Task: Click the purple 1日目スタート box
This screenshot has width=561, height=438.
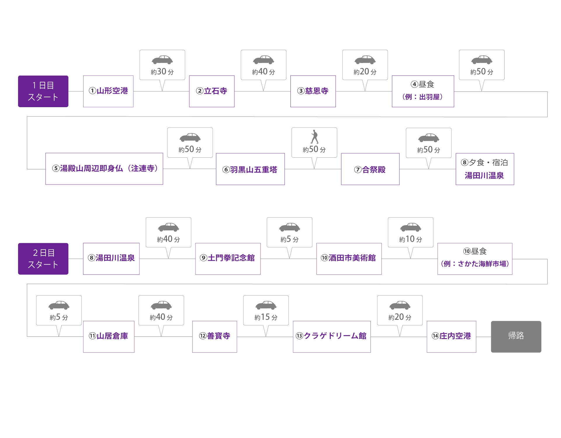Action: (x=43, y=91)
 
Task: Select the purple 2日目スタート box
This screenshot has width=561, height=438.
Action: (x=43, y=259)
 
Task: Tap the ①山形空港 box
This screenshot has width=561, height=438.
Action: (x=108, y=91)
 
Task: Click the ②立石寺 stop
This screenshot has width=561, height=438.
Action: (x=212, y=91)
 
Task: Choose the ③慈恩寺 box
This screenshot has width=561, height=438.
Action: (x=313, y=91)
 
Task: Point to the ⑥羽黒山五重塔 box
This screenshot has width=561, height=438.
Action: (x=250, y=169)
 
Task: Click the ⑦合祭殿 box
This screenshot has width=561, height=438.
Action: (x=370, y=169)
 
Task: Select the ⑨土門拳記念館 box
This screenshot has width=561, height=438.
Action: (x=228, y=258)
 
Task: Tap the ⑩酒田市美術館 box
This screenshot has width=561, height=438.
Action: (x=349, y=258)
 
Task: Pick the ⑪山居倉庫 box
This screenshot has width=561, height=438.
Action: (x=108, y=336)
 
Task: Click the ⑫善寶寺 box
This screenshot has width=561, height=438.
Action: (x=214, y=336)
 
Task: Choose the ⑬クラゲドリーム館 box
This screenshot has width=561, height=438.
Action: (x=331, y=336)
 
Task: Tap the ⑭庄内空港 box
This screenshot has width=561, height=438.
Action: (x=451, y=336)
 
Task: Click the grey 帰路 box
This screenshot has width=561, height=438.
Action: (x=516, y=336)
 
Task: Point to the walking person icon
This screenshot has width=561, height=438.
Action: (x=314, y=137)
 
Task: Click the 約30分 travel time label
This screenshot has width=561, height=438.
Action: (x=162, y=72)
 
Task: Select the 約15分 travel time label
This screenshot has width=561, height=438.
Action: (x=266, y=317)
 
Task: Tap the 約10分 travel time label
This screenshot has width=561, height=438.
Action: (x=411, y=239)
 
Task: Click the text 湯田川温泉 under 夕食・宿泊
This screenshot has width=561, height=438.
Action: (x=484, y=176)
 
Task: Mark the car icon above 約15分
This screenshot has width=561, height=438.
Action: (x=266, y=305)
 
